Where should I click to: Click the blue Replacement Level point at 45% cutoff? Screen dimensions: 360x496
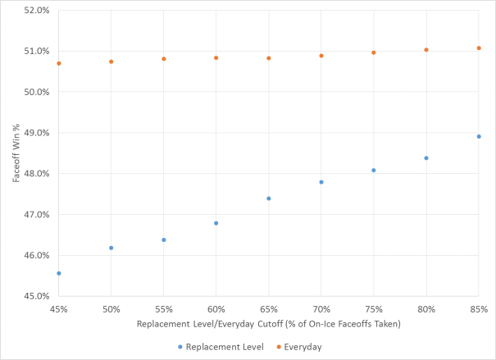click(x=59, y=273)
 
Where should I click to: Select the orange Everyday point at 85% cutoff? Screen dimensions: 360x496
click(x=479, y=48)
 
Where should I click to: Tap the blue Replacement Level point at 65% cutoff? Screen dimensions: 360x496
click(x=269, y=198)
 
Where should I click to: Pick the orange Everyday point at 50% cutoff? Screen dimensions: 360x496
click(x=111, y=62)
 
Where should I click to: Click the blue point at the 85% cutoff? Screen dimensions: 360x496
click(x=479, y=136)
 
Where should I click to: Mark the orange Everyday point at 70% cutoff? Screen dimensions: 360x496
click(x=321, y=56)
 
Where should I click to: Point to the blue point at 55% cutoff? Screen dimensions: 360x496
click(x=164, y=239)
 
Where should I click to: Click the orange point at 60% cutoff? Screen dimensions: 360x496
click(x=216, y=58)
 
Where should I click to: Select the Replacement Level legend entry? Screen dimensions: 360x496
click(x=221, y=347)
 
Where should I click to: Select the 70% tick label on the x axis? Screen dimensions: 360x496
click(x=321, y=309)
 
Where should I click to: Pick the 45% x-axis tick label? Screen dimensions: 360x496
click(x=59, y=309)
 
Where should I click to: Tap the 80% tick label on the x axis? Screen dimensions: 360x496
click(x=426, y=309)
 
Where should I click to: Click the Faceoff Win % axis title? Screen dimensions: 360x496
click(x=14, y=153)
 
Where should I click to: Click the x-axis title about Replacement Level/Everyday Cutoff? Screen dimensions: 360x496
click(x=269, y=324)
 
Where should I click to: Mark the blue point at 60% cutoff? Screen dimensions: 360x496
click(x=216, y=223)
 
